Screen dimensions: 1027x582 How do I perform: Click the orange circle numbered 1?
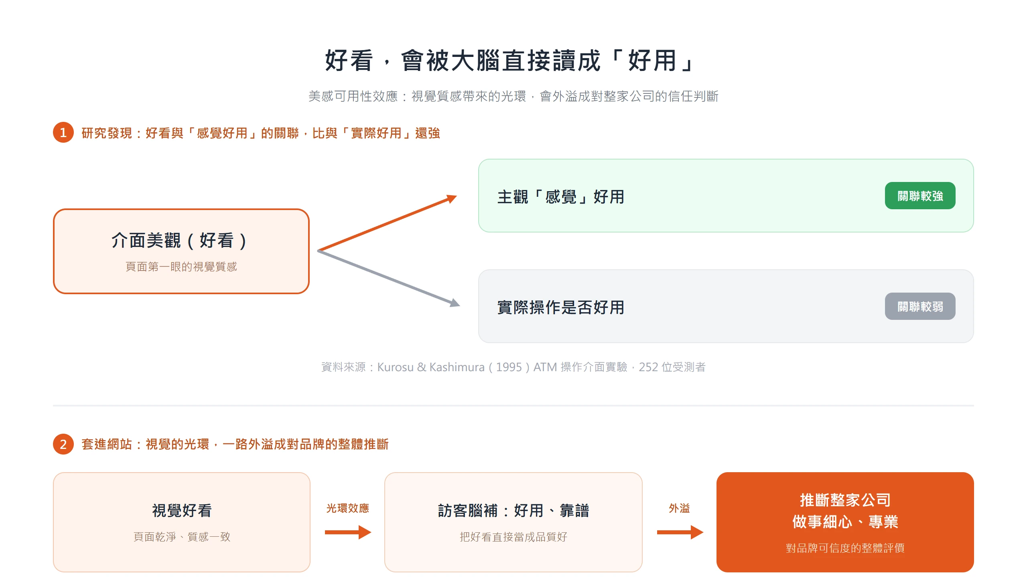[x=63, y=132]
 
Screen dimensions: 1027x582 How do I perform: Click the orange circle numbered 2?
[x=63, y=444]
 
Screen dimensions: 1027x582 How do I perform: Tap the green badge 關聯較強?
[x=920, y=196]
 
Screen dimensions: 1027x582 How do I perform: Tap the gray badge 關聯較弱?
[x=920, y=306]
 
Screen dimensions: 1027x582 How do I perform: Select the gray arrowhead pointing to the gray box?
[x=455, y=303]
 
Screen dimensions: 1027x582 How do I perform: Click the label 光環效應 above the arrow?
[x=347, y=508]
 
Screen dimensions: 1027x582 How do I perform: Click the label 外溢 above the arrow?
[x=679, y=508]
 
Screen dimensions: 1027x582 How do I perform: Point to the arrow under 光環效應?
[x=348, y=532]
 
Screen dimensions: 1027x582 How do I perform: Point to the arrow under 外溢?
[x=680, y=532]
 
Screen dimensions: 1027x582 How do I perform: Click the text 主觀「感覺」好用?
[x=561, y=197]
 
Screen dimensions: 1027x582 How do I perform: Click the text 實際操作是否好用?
[x=561, y=307]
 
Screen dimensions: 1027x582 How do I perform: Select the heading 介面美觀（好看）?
[x=179, y=240]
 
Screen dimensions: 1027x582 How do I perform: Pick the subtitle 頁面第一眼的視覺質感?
[x=181, y=267]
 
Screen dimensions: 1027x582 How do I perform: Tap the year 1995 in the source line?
[x=509, y=367]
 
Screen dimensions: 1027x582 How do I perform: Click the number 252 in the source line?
[x=648, y=367]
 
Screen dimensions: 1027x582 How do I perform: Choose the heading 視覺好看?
[x=182, y=510]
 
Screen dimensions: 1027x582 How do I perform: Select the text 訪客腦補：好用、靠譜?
[x=513, y=510]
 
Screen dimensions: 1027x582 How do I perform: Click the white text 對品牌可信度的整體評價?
[x=845, y=548]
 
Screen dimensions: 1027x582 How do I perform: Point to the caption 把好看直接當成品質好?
[x=513, y=537]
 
